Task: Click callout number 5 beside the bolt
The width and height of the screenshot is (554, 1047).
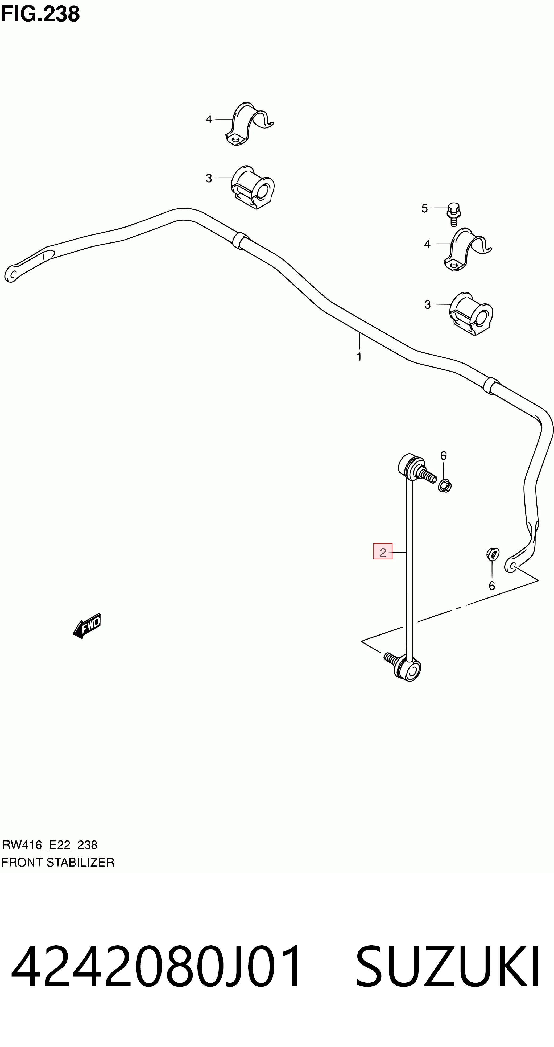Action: (x=425, y=208)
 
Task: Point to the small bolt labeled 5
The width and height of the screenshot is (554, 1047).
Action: (x=454, y=214)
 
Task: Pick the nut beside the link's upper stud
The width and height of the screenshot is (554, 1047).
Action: (x=445, y=485)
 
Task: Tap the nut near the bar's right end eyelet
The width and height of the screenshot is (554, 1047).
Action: (x=493, y=554)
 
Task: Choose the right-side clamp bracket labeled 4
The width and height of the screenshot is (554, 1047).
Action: (x=468, y=249)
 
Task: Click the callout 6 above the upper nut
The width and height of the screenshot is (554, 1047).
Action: (x=444, y=456)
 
